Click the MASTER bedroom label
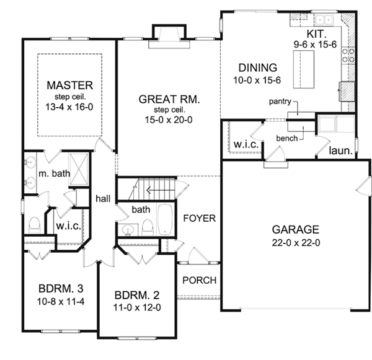click(69, 86)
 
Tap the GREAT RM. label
click(169, 99)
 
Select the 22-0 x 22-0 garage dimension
click(296, 243)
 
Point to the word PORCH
click(200, 280)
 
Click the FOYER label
click(200, 218)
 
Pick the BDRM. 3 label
click(61, 289)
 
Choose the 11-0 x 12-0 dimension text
click(137, 307)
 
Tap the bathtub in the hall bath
click(166, 219)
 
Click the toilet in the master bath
click(35, 225)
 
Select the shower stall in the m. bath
click(78, 169)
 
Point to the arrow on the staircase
click(161, 190)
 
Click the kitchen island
click(304, 69)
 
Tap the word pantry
click(280, 102)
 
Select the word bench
click(287, 138)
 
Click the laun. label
click(340, 151)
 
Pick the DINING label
click(258, 68)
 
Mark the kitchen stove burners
click(348, 55)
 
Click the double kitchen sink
click(324, 19)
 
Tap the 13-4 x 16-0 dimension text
click(69, 107)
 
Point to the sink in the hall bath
click(128, 229)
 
